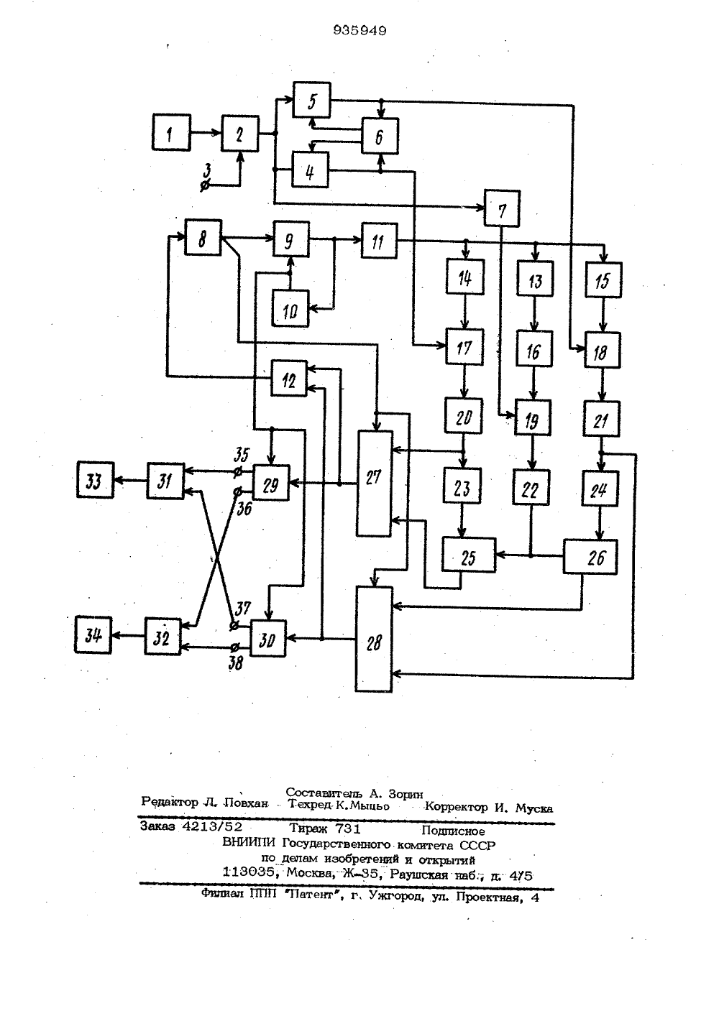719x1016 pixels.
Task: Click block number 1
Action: tap(171, 132)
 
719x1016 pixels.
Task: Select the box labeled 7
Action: tap(502, 208)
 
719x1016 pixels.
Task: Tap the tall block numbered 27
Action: tap(374, 484)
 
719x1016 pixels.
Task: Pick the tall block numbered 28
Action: tap(374, 639)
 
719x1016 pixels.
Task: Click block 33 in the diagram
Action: tap(95, 480)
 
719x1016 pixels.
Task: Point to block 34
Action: tap(93, 635)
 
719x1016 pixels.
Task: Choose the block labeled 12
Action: tap(289, 378)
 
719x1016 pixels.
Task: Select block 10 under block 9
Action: tap(290, 308)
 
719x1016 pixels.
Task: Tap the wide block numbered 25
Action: tap(469, 555)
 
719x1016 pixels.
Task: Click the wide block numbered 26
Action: tap(590, 557)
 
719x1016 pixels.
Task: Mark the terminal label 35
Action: tap(242, 455)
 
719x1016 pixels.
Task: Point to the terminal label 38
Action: tap(236, 664)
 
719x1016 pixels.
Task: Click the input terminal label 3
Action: tap(207, 171)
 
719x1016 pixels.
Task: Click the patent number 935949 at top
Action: tap(359, 30)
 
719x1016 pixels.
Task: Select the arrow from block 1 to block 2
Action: tap(206, 133)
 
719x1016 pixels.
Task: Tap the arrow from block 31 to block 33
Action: tap(130, 481)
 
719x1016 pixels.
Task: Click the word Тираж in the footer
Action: tap(308, 828)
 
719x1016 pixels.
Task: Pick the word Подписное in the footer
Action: tap(453, 831)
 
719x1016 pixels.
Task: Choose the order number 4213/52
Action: tap(212, 826)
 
